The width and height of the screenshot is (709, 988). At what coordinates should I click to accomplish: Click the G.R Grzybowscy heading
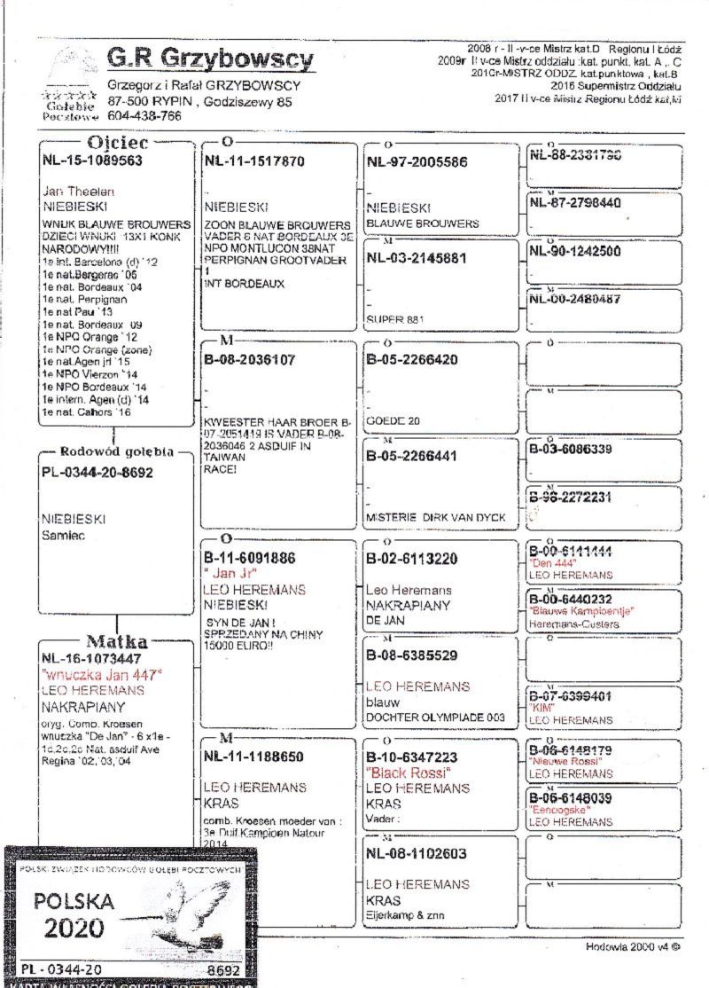(210, 59)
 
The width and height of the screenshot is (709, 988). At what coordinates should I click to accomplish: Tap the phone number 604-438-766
(144, 116)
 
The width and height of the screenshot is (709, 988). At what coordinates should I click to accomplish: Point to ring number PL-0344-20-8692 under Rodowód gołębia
(97, 473)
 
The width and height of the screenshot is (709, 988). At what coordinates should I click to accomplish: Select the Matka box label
(116, 641)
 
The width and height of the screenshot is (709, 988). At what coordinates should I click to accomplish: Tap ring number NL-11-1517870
(254, 161)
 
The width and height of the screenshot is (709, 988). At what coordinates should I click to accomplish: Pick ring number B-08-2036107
(249, 360)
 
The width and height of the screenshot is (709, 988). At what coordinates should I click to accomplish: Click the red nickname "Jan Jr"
(229, 574)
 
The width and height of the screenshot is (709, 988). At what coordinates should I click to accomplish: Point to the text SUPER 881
(391, 317)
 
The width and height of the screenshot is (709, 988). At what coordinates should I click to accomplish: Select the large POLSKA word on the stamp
(75, 902)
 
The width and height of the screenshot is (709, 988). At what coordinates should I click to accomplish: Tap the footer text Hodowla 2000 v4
(633, 946)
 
